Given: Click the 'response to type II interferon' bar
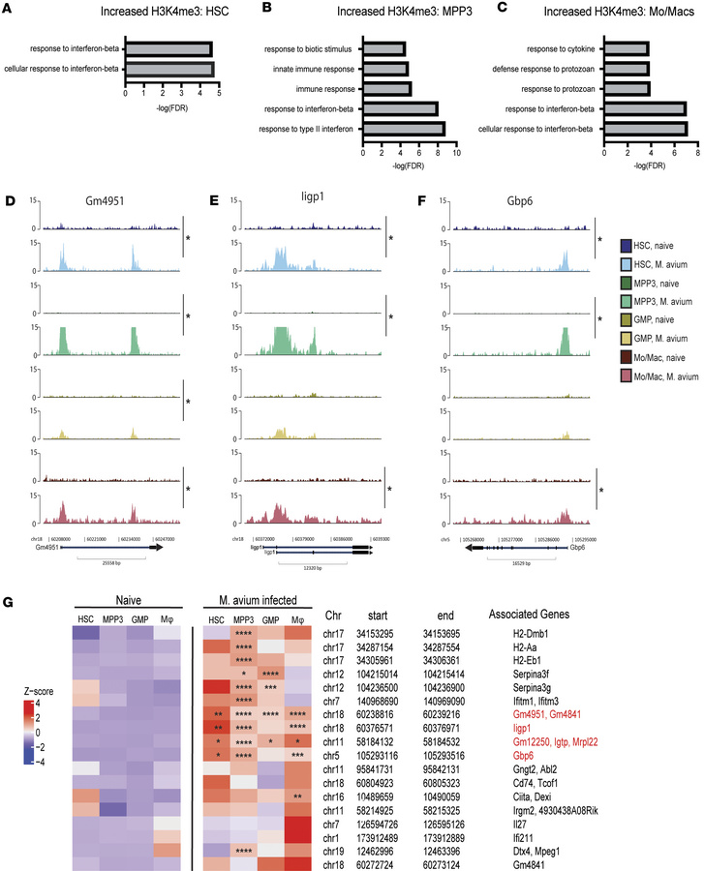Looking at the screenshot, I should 403,128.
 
